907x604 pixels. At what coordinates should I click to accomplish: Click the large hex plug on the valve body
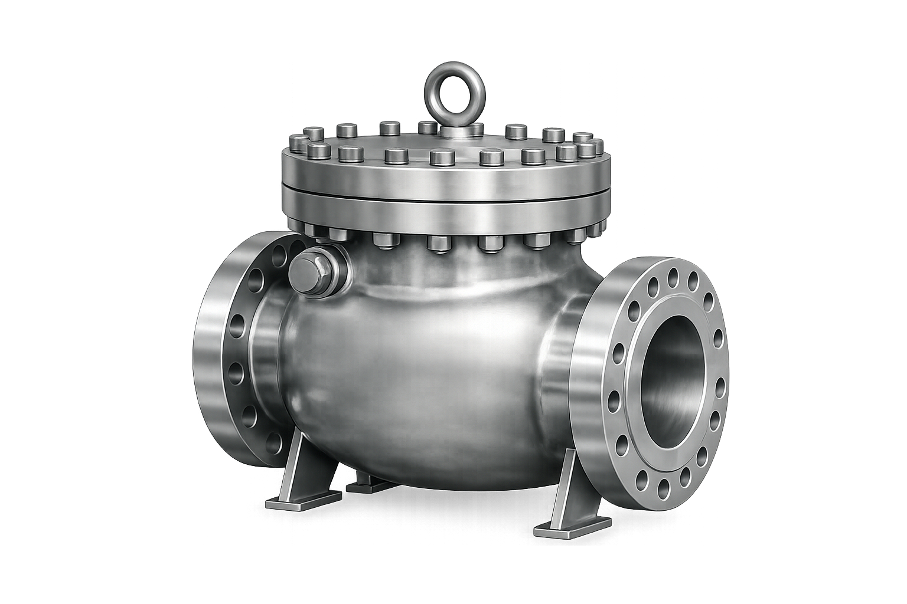[x=311, y=271]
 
